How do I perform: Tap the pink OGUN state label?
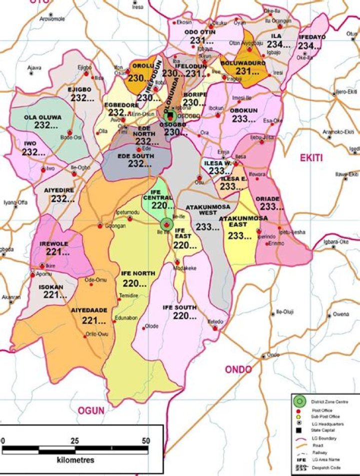pyautogui.click(x=90, y=410)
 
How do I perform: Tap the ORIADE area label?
pyautogui.click(x=268, y=198)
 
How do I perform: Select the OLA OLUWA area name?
pyautogui.click(x=43, y=117)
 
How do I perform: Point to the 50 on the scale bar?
pyautogui.click(x=145, y=441)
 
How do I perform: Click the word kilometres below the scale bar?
pyautogui.click(x=75, y=459)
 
